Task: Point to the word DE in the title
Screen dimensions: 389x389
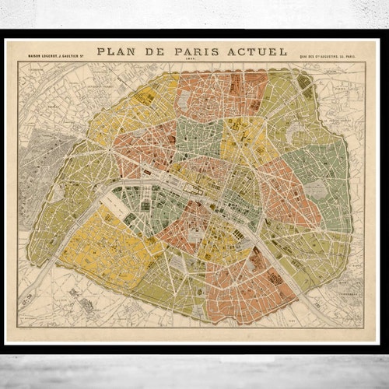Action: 159,52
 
